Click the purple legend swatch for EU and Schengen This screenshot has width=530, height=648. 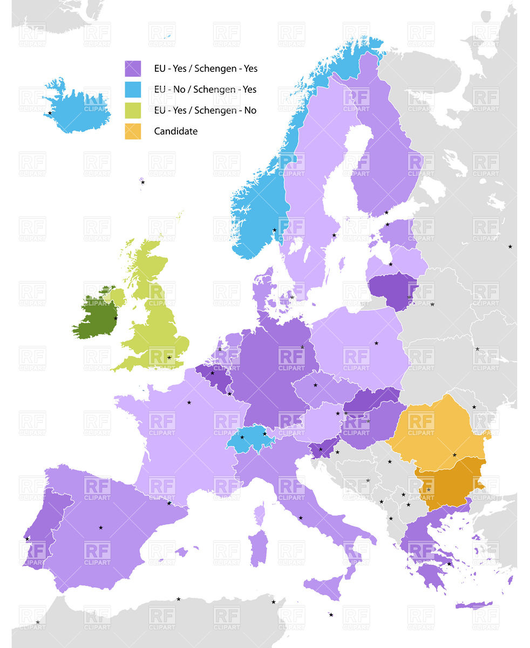(132, 69)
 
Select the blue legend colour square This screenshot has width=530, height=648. (132, 90)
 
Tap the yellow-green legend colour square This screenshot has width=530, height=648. (132, 110)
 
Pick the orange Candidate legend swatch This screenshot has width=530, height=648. (132, 131)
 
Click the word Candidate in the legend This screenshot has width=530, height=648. (175, 131)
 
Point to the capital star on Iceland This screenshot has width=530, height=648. (50, 113)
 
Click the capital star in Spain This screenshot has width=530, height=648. (100, 527)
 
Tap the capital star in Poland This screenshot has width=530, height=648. (376, 343)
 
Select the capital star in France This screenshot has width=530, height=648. (189, 402)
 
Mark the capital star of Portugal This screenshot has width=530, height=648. (27, 539)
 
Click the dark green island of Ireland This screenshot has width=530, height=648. (96, 319)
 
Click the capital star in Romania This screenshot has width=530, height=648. (454, 455)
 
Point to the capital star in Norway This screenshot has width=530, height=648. (274, 230)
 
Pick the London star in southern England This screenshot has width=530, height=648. (169, 357)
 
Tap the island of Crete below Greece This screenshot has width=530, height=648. (473, 605)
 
